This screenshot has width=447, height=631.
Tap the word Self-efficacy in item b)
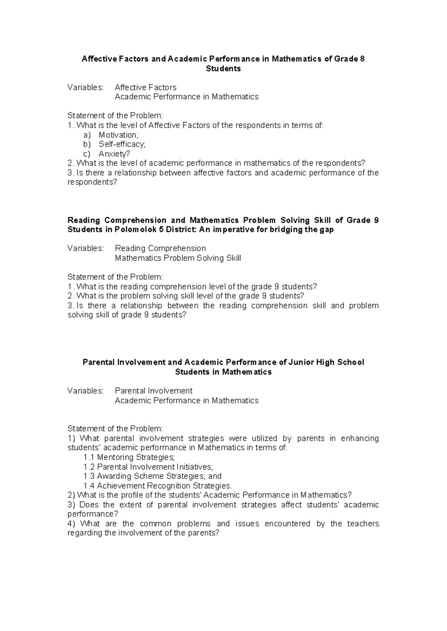121,144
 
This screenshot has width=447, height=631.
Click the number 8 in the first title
362,59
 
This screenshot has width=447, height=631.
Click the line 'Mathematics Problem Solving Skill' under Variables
178,258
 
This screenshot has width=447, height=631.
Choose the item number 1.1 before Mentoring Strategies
89,457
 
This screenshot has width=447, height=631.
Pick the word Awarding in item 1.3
113,476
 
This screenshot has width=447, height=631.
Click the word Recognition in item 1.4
169,486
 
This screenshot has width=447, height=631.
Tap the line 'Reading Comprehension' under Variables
160,248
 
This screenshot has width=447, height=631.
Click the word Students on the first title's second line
223,68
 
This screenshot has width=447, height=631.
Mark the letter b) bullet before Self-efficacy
87,144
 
